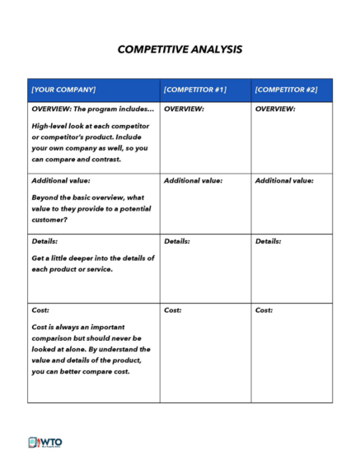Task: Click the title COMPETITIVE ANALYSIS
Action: pos(180,49)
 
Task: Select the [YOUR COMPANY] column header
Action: pos(63,89)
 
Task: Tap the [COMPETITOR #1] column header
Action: pos(195,89)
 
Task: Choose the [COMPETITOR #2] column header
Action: pos(286,89)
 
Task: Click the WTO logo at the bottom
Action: pos(45,442)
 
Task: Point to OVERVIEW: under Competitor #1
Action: pos(184,109)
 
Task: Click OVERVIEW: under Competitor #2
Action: pos(275,109)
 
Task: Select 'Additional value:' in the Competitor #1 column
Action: pos(193,180)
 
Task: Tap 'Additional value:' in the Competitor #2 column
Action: pos(284,180)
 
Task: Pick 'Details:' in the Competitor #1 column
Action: pos(177,241)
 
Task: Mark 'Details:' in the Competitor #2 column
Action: pos(268,241)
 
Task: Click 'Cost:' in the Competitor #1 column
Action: pos(172,310)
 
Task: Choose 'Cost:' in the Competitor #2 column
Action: pos(264,310)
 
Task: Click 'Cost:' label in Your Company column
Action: pos(40,310)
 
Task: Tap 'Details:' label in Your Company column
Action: pos(44,241)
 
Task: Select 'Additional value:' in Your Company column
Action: pos(61,180)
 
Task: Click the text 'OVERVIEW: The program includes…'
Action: pos(92,109)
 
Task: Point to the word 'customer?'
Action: pos(50,220)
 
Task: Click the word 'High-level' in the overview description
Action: pos(50,126)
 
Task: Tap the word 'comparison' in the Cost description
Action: pos(55,337)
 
